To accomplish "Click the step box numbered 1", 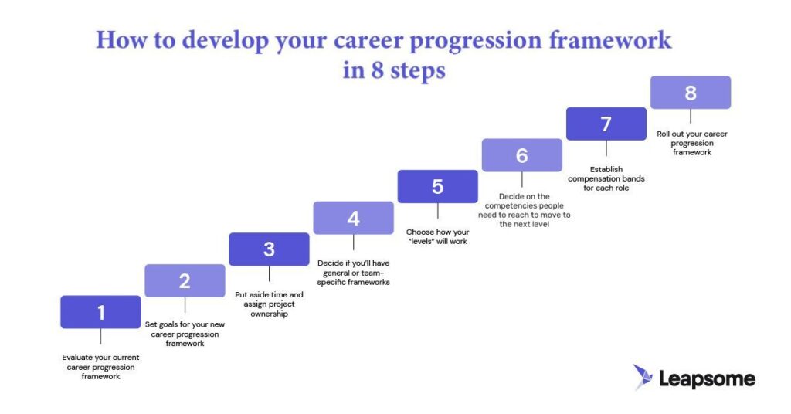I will [100, 312].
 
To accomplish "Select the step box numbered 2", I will [185, 281].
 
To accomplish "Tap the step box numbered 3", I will [269, 249].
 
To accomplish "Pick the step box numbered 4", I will [353, 218].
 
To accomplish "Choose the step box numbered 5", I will [437, 186].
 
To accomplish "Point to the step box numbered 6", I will [521, 155].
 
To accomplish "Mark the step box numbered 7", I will [606, 124].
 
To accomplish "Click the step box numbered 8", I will [690, 93].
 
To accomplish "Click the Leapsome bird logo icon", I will [643, 377].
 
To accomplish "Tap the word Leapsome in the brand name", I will [707, 378].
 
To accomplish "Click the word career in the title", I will [374, 40].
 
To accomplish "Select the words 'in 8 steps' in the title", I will [394, 70].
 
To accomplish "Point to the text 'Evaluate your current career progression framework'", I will [100, 367].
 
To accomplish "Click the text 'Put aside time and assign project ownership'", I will [269, 304].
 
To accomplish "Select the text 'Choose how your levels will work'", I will [437, 236].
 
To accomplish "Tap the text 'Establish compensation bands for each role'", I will [606, 178].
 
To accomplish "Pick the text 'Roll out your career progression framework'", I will [691, 143].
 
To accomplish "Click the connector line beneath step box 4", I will [353, 243].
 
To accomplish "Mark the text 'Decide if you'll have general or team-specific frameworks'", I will [353, 273].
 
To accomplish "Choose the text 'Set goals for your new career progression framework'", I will [185, 334].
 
